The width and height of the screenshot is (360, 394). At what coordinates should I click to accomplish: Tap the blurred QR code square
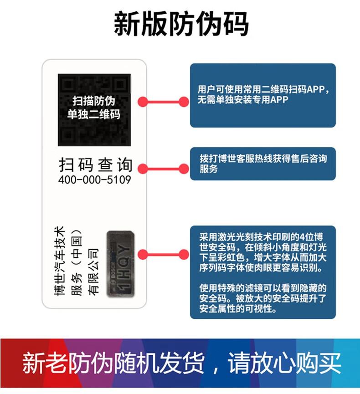click(95, 109)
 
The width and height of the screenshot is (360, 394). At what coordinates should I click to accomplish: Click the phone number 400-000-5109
click(95, 180)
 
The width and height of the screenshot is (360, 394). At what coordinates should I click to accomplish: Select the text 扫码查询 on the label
click(96, 165)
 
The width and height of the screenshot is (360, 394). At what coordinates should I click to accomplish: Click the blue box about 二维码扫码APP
click(262, 95)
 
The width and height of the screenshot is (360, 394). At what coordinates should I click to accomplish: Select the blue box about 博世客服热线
click(262, 164)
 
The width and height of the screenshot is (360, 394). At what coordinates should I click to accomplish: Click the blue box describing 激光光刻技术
click(262, 272)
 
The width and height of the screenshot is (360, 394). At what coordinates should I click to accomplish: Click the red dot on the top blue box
click(183, 102)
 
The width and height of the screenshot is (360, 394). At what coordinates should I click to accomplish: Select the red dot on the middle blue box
click(183, 169)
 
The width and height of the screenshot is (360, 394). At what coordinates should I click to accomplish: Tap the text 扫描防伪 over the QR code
click(94, 100)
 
